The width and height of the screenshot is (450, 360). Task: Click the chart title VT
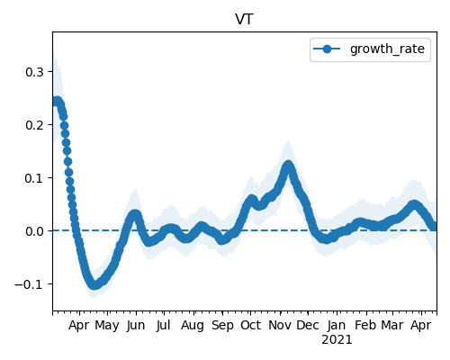coord(245,20)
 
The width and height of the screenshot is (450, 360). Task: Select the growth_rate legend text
coord(387,49)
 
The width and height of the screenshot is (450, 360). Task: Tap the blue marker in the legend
coord(327,49)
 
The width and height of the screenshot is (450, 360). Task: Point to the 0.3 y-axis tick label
coord(34,72)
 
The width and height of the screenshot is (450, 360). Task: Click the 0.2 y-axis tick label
coord(34,125)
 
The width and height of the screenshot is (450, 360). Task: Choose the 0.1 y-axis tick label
coord(34,178)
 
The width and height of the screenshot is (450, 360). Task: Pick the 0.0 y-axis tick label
coord(34,231)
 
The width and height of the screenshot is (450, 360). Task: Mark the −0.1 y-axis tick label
coord(29,284)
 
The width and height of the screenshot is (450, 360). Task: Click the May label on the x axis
coord(107,326)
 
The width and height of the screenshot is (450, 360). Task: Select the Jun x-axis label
coord(136,326)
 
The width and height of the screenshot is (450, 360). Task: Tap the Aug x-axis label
coord(193,326)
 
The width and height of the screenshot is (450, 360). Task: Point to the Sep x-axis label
coord(222,326)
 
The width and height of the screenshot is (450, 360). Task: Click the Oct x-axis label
coord(251,325)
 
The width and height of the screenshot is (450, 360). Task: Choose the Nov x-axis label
coord(280,325)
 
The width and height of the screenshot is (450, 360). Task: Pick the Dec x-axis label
coord(308,325)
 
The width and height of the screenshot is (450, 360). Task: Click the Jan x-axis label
coord(337,326)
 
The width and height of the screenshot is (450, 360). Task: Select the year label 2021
coord(337,340)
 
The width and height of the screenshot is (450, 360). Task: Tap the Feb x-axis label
coord(365,325)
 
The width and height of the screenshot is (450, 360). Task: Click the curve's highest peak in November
coord(288,166)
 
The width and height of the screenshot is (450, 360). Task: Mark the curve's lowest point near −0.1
coord(94,285)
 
